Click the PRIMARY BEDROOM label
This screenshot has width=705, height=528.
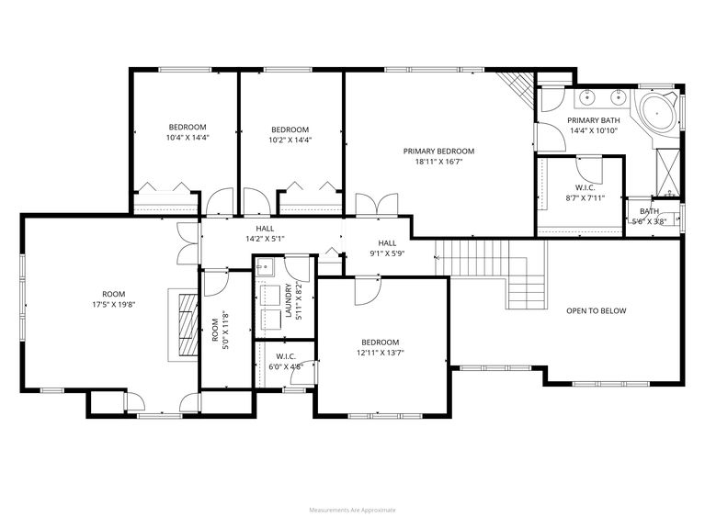tap(438, 151)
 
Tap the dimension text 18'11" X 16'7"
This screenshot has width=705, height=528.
tap(438, 162)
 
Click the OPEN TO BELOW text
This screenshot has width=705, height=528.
tap(596, 310)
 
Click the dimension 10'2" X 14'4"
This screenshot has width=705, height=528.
tap(290, 140)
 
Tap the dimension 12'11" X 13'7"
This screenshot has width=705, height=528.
tap(381, 353)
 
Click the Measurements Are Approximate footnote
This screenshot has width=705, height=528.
tap(352, 509)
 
